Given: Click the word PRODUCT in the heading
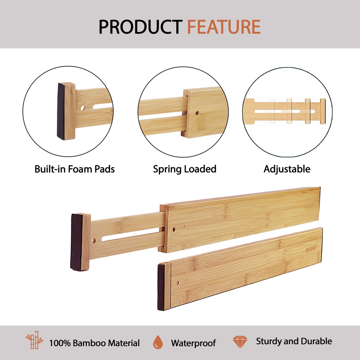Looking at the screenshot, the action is pyautogui.click(x=141, y=27).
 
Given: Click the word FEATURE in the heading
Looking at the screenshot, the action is pyautogui.click(x=224, y=27).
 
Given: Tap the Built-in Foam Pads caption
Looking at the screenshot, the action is pyautogui.click(x=75, y=169).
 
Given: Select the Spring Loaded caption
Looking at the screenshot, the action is pyautogui.click(x=185, y=169).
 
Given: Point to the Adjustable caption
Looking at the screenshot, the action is pyautogui.click(x=287, y=169).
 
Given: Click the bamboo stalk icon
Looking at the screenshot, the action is pyautogui.click(x=34, y=340).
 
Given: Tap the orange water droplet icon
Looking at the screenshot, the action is pyautogui.click(x=158, y=342).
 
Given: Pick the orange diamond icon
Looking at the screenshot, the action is pyautogui.click(x=240, y=342).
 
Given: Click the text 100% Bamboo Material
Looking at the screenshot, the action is pyautogui.click(x=94, y=343).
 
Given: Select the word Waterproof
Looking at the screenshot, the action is pyautogui.click(x=193, y=343).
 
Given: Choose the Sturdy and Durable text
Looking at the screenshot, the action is pyautogui.click(x=294, y=341).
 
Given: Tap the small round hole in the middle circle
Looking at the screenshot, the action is pyautogui.click(x=197, y=113).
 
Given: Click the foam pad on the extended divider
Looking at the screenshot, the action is pyautogui.click(x=76, y=241).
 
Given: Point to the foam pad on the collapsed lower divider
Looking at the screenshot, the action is pyautogui.click(x=161, y=287).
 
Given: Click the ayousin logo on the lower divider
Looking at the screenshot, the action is pyautogui.click(x=311, y=249).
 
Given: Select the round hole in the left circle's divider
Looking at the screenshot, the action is pyautogui.click(x=83, y=108).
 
